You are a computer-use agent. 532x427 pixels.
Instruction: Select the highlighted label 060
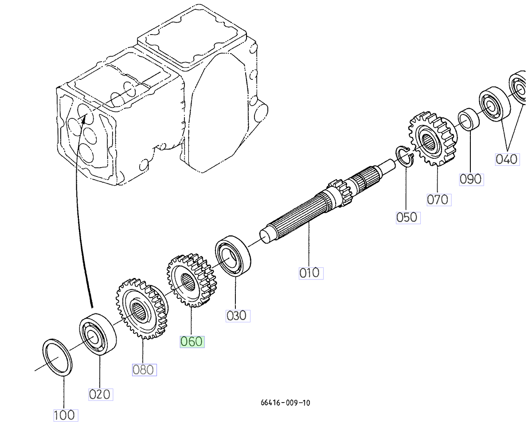click(192, 341)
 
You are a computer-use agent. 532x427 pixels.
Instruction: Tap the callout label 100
click(65, 415)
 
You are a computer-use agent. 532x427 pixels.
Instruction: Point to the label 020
click(100, 394)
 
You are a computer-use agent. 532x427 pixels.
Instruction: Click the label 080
click(144, 369)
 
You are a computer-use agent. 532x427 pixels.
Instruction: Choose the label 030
click(237, 315)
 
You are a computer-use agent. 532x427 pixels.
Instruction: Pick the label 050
click(407, 217)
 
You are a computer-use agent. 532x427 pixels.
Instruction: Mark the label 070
click(438, 199)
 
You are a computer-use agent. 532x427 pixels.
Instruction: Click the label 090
click(470, 179)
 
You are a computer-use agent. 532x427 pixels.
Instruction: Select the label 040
click(506, 159)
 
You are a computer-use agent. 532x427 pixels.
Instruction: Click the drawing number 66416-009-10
click(285, 403)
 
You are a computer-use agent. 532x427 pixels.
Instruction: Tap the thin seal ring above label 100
click(57, 357)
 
